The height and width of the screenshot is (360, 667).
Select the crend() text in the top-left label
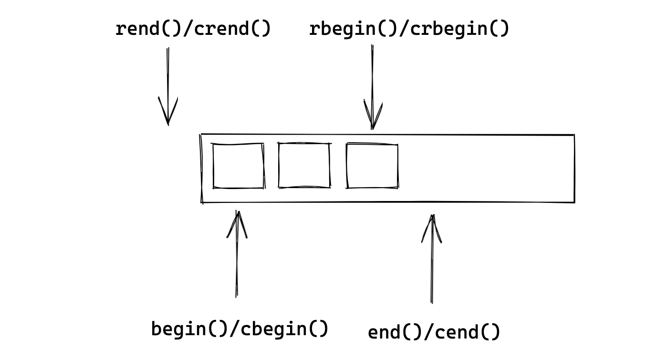point(232,29)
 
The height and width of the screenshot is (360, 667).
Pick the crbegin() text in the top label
point(460,29)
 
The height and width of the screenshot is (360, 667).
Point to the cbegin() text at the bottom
point(284,329)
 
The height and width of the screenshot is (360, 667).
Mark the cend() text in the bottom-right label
point(467,332)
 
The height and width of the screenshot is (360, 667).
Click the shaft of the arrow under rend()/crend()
point(168,86)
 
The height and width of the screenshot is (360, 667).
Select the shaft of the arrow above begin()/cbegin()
point(237,254)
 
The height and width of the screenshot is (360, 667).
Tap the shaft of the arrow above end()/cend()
point(432,259)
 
